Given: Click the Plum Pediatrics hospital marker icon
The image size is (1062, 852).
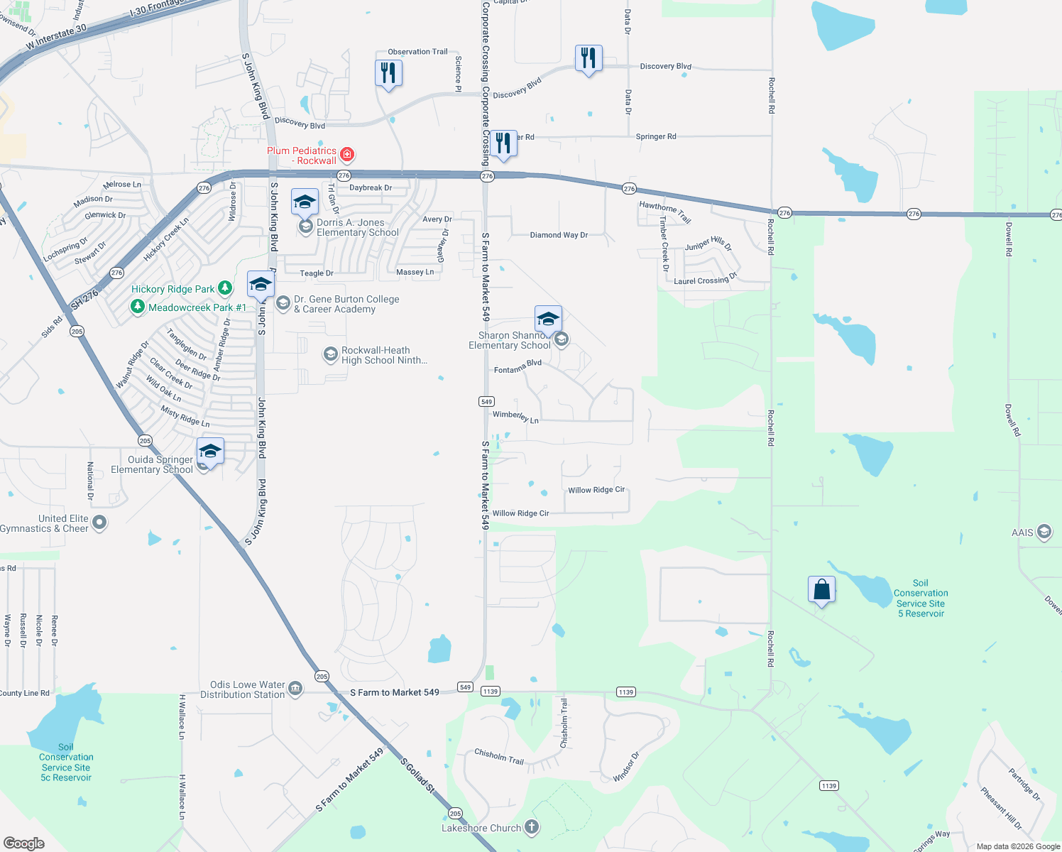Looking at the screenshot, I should click(347, 154).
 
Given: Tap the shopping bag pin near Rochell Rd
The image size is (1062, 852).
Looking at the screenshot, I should click(821, 590).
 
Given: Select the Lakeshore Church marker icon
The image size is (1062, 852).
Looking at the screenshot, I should click(531, 827).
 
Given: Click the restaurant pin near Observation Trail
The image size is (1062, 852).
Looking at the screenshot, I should click(388, 73).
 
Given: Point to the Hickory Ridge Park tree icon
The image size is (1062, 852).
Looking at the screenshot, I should click(225, 288).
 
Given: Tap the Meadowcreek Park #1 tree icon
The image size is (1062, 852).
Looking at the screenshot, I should click(138, 307).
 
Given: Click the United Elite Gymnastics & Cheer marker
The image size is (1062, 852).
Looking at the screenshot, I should click(99, 523).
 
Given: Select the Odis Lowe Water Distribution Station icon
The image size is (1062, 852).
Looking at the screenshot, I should click(295, 688).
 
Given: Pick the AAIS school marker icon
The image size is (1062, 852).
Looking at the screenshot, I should click(1044, 532).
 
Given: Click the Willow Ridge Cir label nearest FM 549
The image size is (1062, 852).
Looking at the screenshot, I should click(520, 513).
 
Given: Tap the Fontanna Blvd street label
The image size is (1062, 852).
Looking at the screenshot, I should click(518, 366).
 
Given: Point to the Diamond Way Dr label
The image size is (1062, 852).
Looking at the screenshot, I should click(559, 235).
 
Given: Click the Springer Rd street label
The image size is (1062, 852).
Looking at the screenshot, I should click(656, 136).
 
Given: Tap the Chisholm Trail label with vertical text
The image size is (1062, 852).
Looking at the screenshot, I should click(564, 723).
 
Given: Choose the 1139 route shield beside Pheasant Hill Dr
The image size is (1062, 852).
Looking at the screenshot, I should click(828, 785).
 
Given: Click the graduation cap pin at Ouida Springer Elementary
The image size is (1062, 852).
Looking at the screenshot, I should click(211, 451).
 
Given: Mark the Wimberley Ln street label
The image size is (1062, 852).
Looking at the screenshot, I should click(515, 417).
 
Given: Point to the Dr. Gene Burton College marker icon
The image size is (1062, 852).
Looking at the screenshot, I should click(283, 304).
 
